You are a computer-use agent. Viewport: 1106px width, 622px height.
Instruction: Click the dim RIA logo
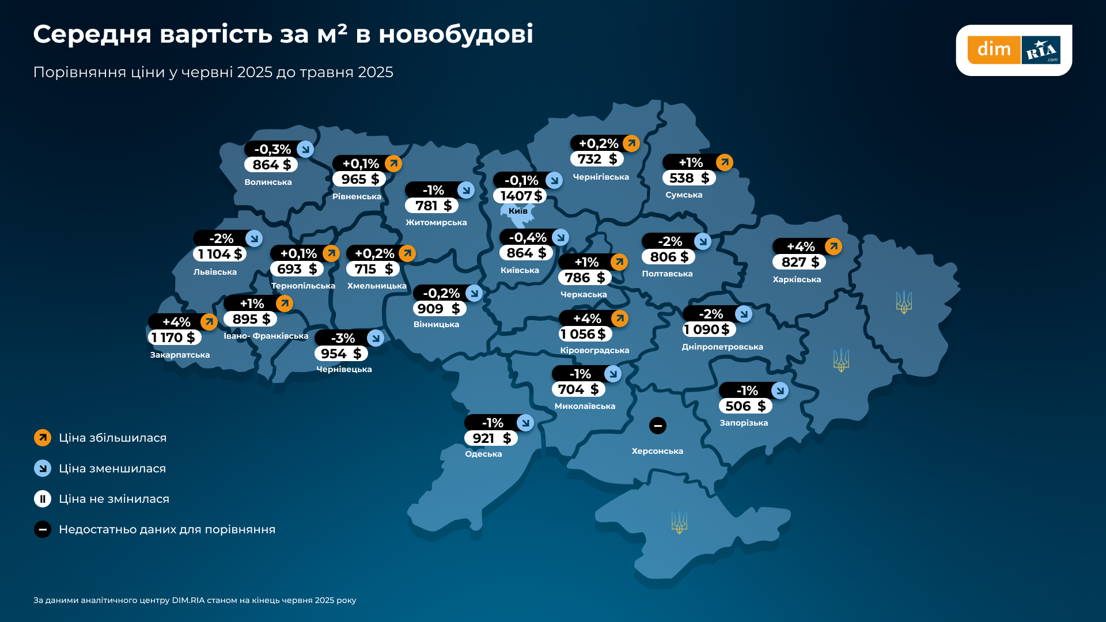coord(1013,50)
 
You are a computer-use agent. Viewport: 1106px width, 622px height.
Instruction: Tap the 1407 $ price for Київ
coord(520,196)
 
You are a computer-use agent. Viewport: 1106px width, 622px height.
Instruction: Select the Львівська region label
coord(215,272)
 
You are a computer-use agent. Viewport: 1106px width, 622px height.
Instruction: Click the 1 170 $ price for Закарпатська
coord(174,337)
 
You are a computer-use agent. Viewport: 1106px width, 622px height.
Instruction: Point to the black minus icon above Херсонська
coord(657,426)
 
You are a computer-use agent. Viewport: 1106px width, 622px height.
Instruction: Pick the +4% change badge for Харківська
coord(800,246)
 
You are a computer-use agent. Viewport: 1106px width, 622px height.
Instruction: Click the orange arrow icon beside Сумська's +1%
coord(724,162)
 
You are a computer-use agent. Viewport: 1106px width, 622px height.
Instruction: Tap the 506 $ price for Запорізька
coord(745,406)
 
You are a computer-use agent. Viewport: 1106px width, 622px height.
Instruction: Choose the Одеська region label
coord(483,454)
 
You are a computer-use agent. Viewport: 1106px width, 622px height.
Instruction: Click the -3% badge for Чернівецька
coord(343,338)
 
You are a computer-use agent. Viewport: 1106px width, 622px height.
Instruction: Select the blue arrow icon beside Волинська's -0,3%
coord(305,149)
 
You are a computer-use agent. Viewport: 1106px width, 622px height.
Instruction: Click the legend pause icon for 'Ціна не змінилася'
coord(43,499)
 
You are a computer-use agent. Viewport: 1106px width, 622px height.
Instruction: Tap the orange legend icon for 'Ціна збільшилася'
coord(43,438)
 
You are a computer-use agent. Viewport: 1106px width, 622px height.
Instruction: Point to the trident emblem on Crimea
coord(679,522)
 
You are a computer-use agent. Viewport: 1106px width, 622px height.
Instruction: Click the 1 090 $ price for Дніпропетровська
coord(709,329)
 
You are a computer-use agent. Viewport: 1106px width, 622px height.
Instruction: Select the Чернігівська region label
coord(601,177)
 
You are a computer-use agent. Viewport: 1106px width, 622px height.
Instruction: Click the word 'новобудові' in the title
coord(456,34)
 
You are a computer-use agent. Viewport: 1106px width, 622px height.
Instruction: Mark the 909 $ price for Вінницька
coord(439,309)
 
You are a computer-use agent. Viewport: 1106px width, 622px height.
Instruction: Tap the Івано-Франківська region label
coord(266,336)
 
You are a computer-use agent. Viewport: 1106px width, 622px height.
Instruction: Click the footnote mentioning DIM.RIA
coord(195,600)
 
